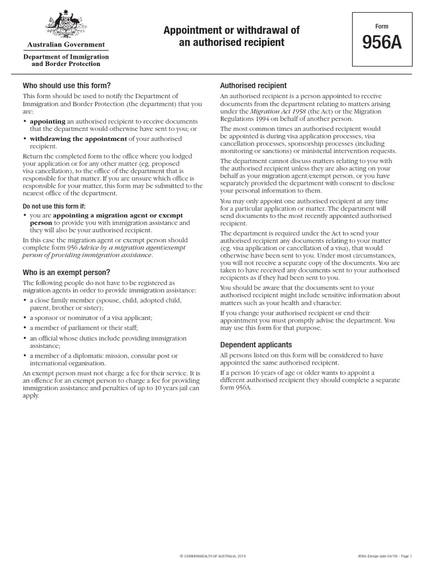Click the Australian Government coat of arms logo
(65, 25)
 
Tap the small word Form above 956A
(382, 26)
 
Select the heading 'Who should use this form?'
(67, 85)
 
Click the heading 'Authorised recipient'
(253, 85)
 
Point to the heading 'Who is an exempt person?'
(66, 272)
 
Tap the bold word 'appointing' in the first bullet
(47, 121)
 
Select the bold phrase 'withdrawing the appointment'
(78, 138)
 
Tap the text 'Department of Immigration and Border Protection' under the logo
(65, 60)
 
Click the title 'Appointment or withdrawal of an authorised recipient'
(231, 36)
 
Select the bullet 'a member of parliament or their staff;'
(84, 327)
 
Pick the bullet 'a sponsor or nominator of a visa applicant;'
(90, 317)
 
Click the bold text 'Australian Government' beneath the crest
(65, 44)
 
